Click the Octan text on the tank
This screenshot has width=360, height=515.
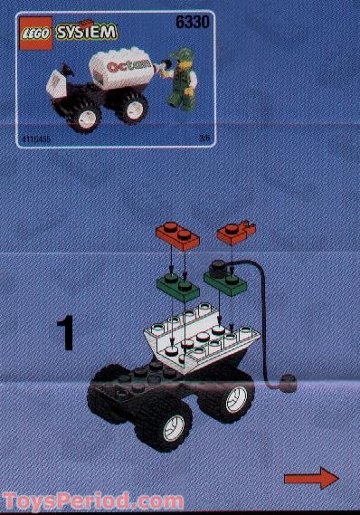[125, 68]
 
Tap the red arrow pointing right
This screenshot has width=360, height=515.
[309, 479]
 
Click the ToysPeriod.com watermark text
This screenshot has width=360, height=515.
[92, 501]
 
